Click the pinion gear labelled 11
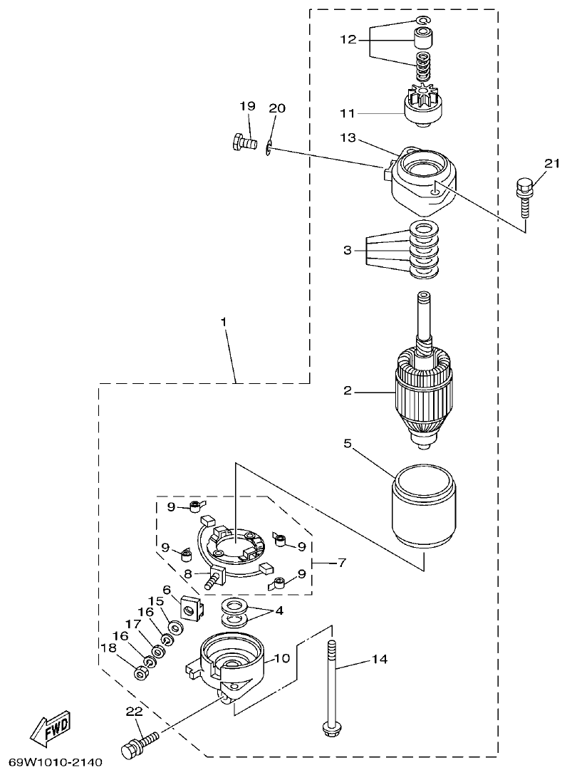point(423,108)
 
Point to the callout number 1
point(224,323)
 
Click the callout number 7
point(342,563)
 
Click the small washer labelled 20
point(269,148)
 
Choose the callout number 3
point(347,250)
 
